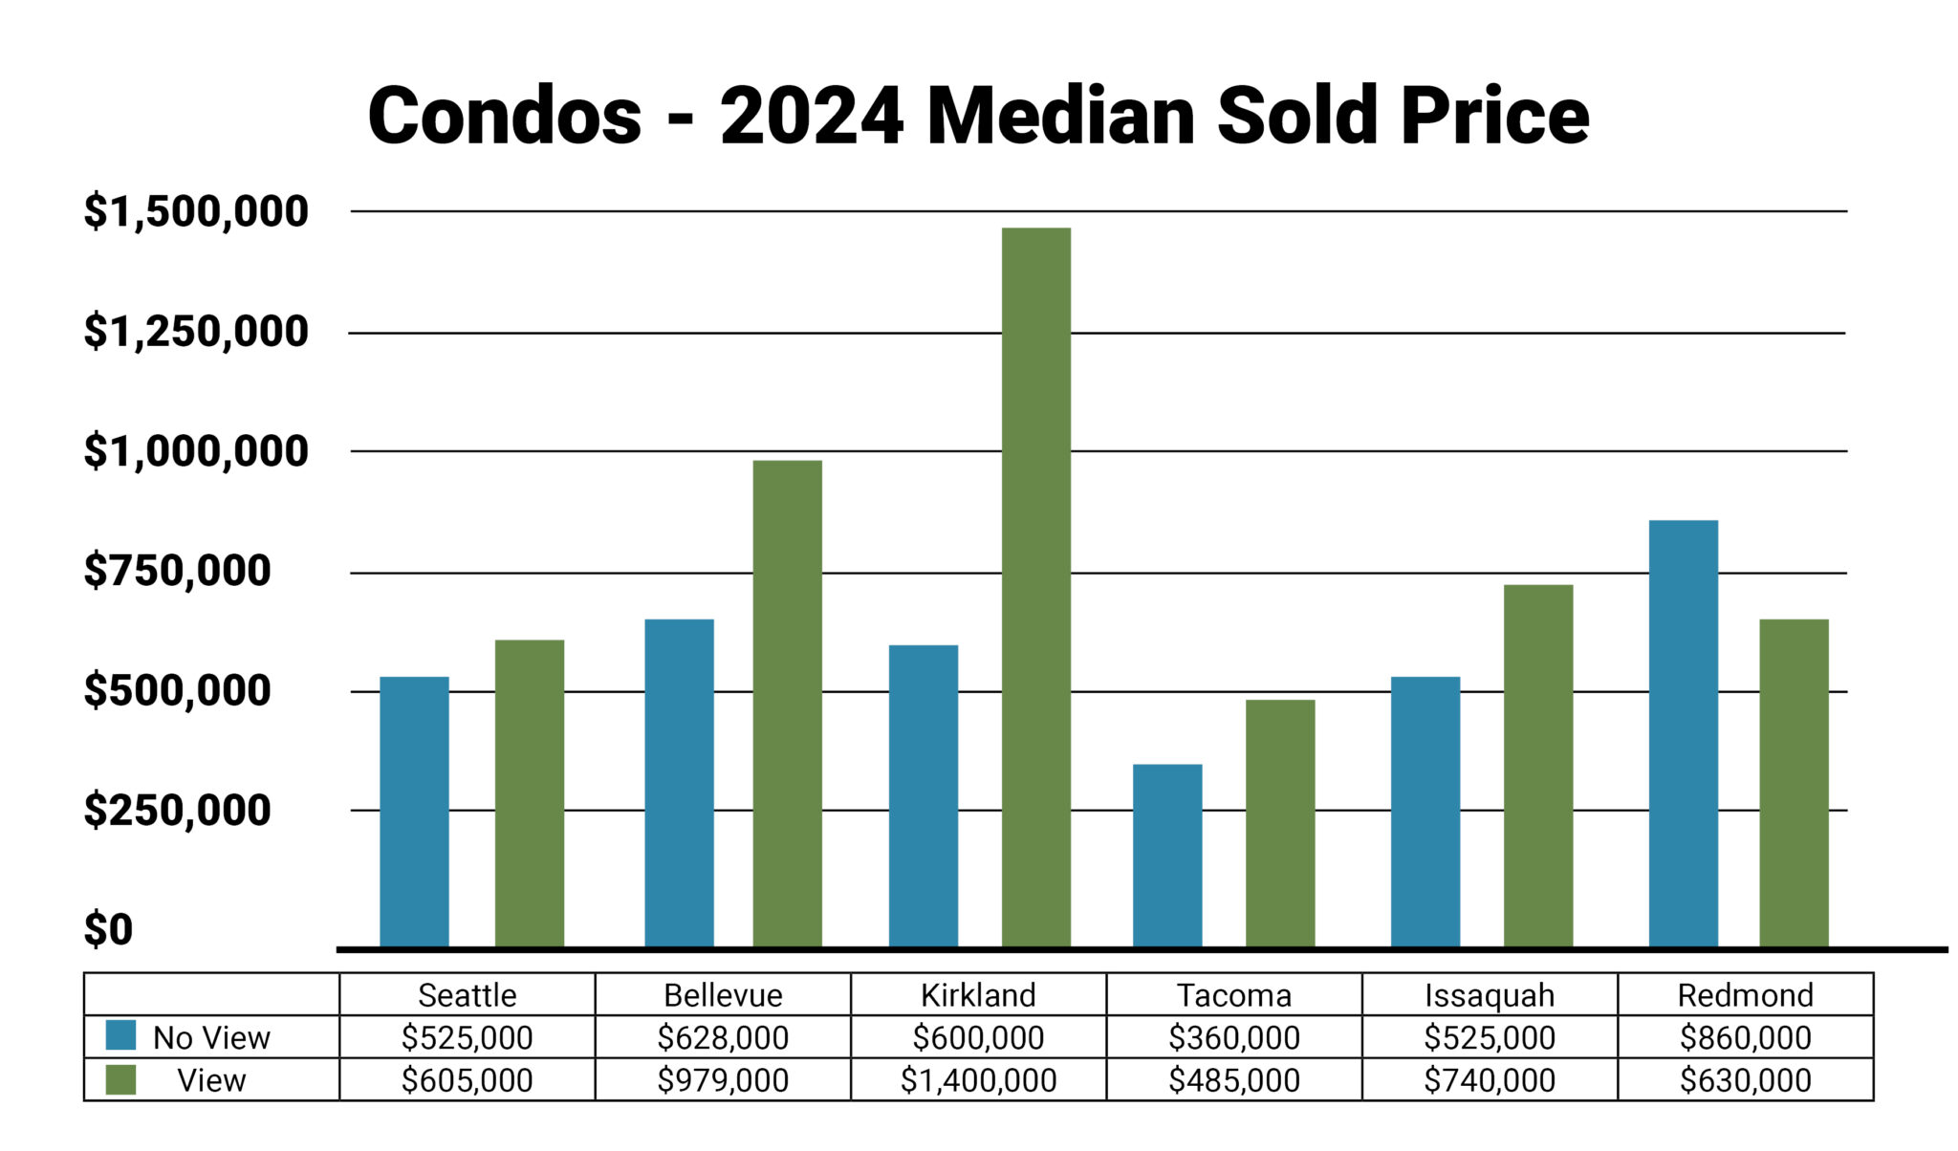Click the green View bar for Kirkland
tap(1035, 587)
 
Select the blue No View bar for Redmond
tap(1683, 733)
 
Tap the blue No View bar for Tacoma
tap(1166, 855)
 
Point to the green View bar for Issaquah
tap(1537, 765)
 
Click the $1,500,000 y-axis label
tap(196, 211)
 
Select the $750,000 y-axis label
tap(177, 571)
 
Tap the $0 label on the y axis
tap(108, 930)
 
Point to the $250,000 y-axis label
tap(177, 811)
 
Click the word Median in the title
tap(1061, 116)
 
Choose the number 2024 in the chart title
tap(811, 116)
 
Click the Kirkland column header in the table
tap(978, 995)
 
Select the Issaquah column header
tap(1490, 995)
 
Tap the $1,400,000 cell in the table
tap(978, 1080)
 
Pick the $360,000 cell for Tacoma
tap(1233, 1037)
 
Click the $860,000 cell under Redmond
tap(1745, 1037)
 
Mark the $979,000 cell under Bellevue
tap(723, 1080)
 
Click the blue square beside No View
tap(120, 1035)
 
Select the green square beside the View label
tap(120, 1079)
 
